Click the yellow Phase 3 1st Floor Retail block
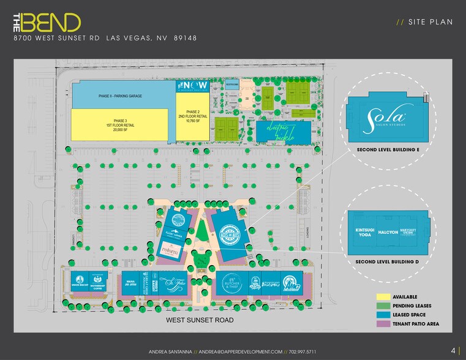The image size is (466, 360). pos(120,127)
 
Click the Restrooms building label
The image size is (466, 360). pos(231,86)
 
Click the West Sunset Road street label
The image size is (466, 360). pos(200,320)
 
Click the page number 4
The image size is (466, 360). pos(453,351)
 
